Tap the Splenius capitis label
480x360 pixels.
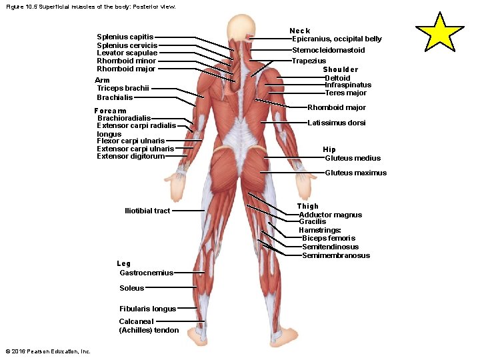pos(125,37)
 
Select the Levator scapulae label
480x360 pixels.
pos(127,53)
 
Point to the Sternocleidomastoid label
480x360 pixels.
pos(329,50)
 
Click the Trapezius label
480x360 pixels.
pos(309,61)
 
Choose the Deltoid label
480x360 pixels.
pos(337,78)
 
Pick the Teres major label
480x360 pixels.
pos(345,93)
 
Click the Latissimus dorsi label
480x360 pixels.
pos(337,123)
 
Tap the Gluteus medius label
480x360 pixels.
pos(353,158)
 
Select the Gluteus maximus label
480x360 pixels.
pos(355,173)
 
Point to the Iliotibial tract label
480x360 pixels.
pos(147,211)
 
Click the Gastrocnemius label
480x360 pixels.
pos(146,273)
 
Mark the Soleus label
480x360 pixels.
pos(131,289)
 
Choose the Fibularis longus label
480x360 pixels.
pos(148,309)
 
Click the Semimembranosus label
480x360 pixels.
pos(336,255)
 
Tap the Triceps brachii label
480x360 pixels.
pos(123,88)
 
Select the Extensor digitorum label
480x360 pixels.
pos(131,157)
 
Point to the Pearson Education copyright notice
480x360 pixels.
pos(47,351)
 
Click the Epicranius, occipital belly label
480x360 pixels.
pos(337,39)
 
